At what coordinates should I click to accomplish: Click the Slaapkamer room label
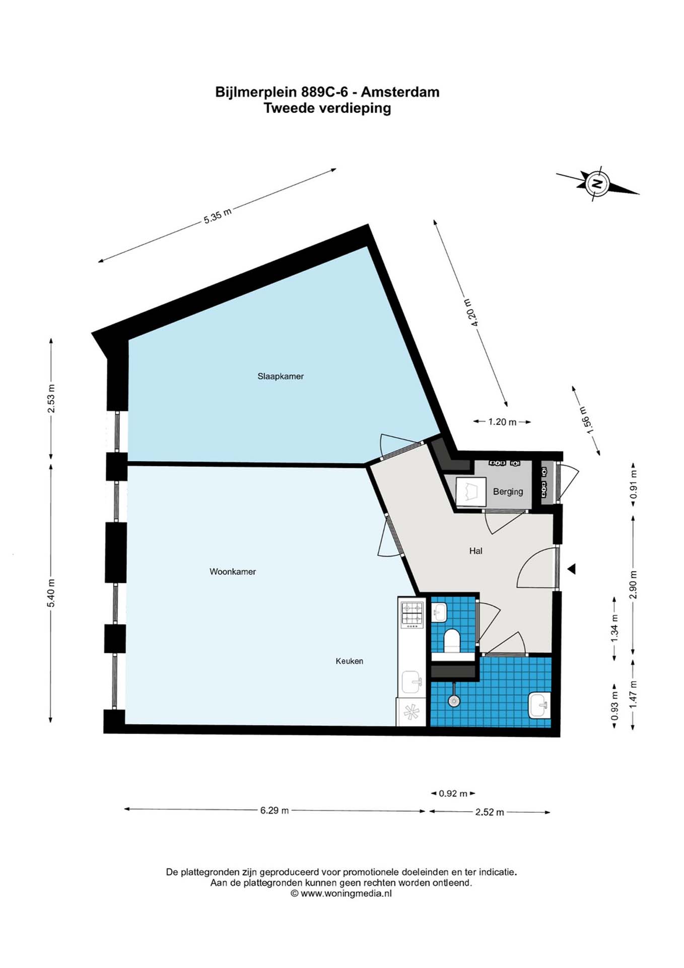(281, 376)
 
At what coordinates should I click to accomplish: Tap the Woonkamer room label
(233, 572)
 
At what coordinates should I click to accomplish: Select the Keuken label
(350, 661)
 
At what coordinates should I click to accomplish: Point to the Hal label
(475, 551)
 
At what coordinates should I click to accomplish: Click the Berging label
(508, 492)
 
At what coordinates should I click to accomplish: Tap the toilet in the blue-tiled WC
(452, 641)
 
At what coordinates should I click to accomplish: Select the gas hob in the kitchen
(412, 615)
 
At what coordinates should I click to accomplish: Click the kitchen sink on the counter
(412, 682)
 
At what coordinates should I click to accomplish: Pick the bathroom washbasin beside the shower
(539, 705)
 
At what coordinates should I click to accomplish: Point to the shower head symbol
(454, 700)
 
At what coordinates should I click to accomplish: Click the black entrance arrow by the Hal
(571, 569)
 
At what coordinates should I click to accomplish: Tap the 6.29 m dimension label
(275, 811)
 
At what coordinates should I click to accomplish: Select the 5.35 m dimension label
(218, 216)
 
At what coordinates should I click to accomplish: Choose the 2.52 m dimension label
(490, 812)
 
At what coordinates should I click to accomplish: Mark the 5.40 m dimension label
(51, 593)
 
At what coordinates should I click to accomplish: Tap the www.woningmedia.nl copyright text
(341, 893)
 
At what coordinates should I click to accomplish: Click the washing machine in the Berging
(471, 492)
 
